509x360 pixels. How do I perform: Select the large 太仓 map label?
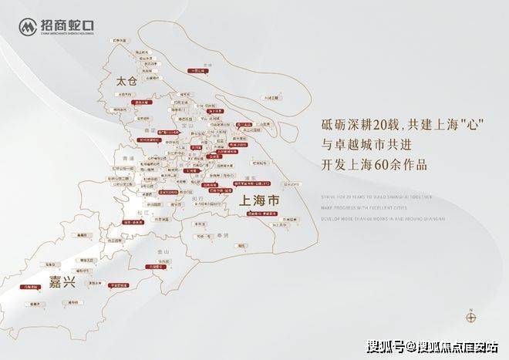126,80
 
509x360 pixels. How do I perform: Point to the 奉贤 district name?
223,233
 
